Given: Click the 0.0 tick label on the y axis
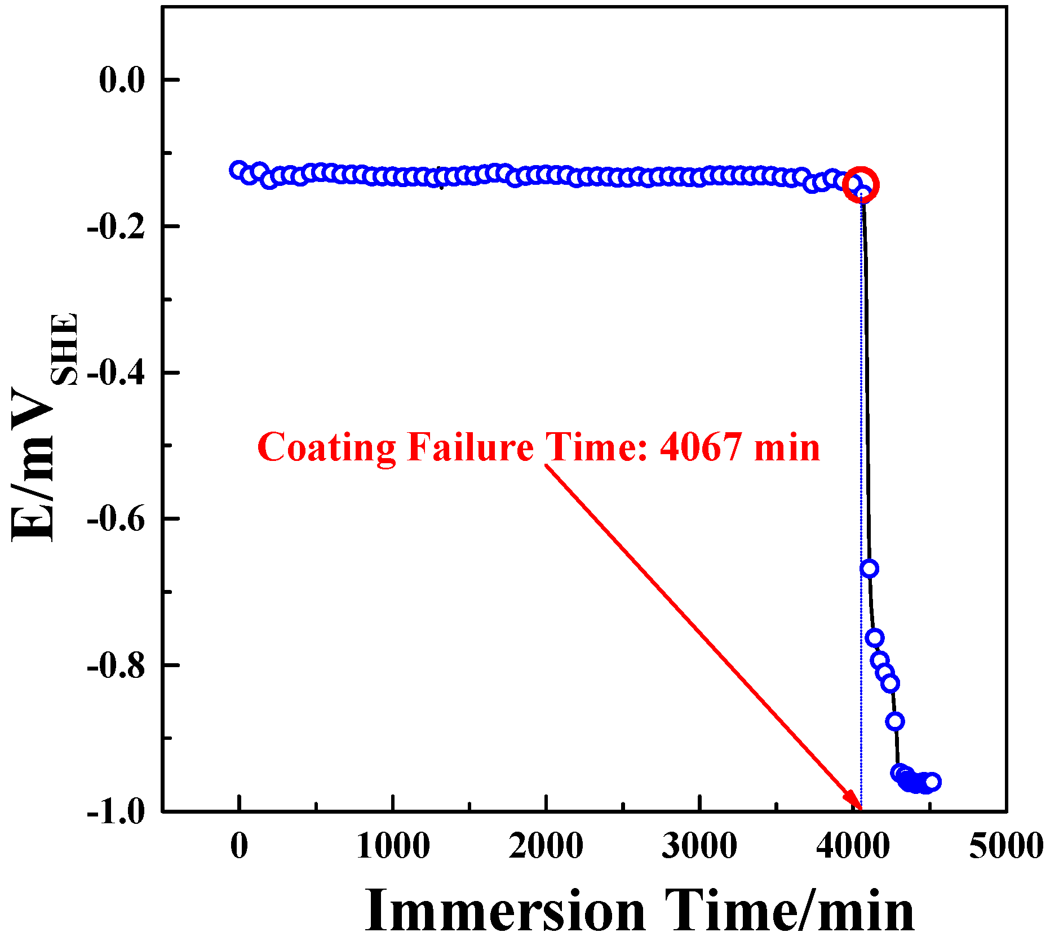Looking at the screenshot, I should point(122,79).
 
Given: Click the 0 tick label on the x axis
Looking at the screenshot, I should point(240,845).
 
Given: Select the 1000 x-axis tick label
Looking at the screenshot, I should point(393,845).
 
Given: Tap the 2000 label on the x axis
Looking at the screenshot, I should point(546,845).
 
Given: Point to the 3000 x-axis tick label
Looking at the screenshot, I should point(699,845).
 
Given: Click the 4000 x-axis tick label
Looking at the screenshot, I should point(853,845).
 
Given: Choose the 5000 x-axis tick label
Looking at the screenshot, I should point(1005,845).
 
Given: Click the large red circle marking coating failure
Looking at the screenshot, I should point(861,184).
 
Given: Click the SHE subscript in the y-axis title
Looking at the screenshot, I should point(65,349).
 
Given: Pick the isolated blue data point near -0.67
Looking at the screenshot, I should point(869,568).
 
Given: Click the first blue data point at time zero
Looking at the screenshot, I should point(238,170).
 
